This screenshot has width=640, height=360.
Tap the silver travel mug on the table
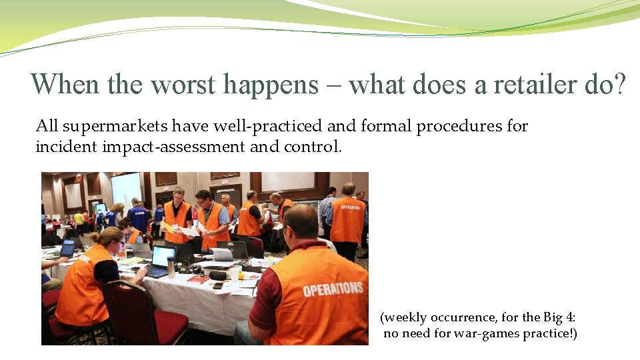tap(171, 267)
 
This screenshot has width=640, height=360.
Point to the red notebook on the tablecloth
tap(198, 279)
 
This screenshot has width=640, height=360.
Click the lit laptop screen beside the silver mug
tap(163, 256)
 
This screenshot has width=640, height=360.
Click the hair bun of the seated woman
tap(95, 237)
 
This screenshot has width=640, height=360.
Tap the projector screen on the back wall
tap(126, 189)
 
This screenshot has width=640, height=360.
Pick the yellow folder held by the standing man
tap(168, 227)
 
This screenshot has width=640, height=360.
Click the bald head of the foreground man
tap(303, 220)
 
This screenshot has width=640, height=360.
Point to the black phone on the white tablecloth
tap(218, 286)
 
